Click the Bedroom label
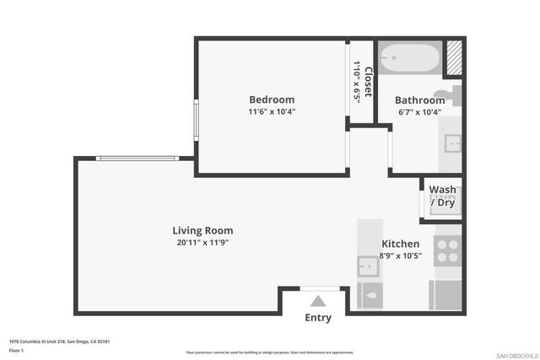coord(271,99)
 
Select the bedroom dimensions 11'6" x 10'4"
coord(271,111)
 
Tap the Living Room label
coord(202,230)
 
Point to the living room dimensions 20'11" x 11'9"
coord(202,243)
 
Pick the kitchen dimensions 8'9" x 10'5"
coord(400,255)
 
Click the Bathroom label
coord(419,99)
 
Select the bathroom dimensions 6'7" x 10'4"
coord(419,112)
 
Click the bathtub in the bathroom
coord(409,59)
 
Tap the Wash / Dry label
coord(443,196)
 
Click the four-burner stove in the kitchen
coord(446,251)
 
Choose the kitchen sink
coord(368,266)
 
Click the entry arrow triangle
coord(318,300)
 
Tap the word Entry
coord(318,318)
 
